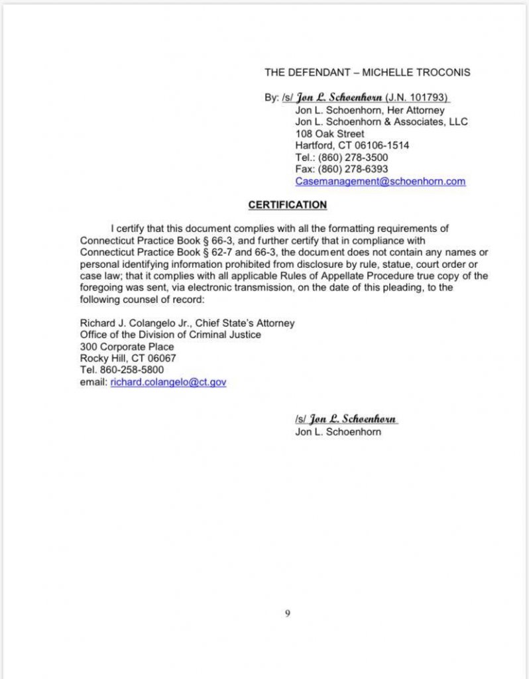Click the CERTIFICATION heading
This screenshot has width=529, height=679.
[x=287, y=205]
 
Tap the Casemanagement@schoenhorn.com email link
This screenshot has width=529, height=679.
[x=380, y=181]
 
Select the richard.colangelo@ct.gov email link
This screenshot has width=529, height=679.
[x=168, y=383]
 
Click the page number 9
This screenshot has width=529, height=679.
[x=287, y=613]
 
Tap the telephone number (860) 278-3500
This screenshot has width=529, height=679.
[x=353, y=157]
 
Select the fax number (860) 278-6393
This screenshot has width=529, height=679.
[x=353, y=169]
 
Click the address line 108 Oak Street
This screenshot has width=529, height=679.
[x=329, y=133]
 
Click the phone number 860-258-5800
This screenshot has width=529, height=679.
[x=131, y=371]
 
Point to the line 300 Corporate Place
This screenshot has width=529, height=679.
[x=127, y=347]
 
